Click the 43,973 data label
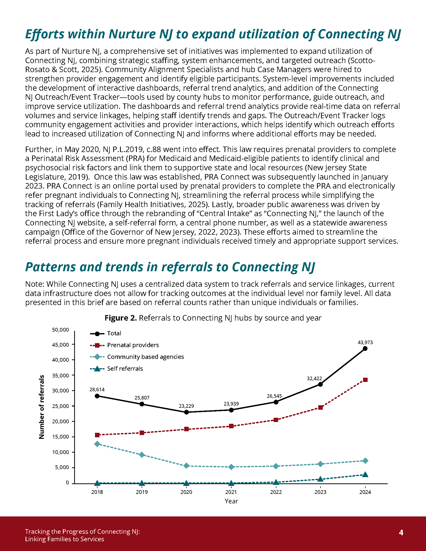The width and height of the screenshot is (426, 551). (365, 342)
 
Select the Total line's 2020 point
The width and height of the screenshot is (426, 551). (186, 412)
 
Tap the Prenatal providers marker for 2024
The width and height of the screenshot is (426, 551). (365, 380)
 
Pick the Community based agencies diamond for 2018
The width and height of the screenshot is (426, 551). (97, 444)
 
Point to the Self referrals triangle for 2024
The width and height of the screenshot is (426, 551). (365, 475)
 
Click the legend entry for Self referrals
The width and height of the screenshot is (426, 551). (125, 369)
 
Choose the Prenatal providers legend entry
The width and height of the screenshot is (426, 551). (133, 345)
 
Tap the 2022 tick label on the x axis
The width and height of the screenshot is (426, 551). (276, 492)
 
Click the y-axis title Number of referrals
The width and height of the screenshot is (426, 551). (42, 407)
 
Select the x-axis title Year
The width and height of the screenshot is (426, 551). (231, 501)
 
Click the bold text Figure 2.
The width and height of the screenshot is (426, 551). (121, 318)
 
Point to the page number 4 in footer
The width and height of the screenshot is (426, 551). (401, 532)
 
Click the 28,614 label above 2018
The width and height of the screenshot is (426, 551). (97, 389)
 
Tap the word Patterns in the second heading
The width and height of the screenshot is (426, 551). (50, 267)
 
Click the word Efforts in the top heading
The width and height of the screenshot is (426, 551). (45, 34)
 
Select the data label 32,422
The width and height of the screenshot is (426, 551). (314, 378)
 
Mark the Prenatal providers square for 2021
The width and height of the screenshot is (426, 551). (231, 426)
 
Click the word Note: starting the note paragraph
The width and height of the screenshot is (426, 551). (35, 284)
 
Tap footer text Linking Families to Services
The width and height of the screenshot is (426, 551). (64, 539)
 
